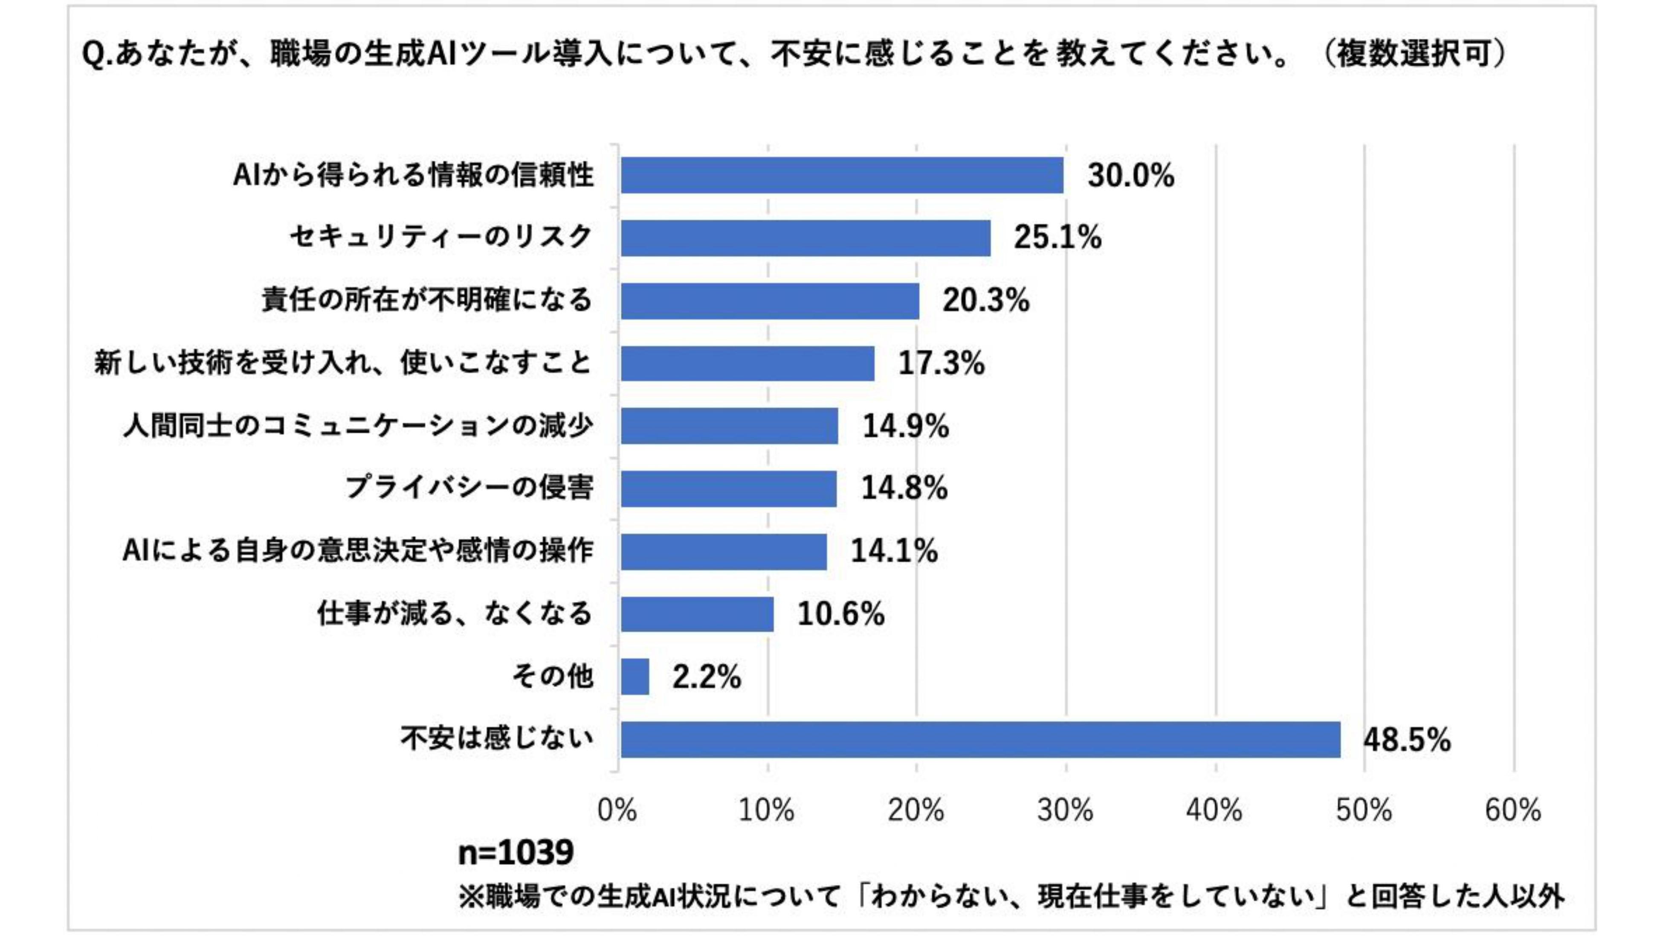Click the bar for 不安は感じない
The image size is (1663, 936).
980,740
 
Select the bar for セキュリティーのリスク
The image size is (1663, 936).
805,238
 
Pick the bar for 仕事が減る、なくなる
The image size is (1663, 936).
697,613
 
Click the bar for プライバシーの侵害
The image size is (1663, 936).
728,488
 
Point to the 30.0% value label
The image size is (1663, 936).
1130,176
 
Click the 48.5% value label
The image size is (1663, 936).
1407,740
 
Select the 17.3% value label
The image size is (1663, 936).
941,363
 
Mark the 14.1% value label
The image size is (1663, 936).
894,551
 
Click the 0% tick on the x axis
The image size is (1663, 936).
617,810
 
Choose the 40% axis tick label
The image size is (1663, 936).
1214,810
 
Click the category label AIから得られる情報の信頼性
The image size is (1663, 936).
413,175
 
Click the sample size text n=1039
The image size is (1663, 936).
515,853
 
